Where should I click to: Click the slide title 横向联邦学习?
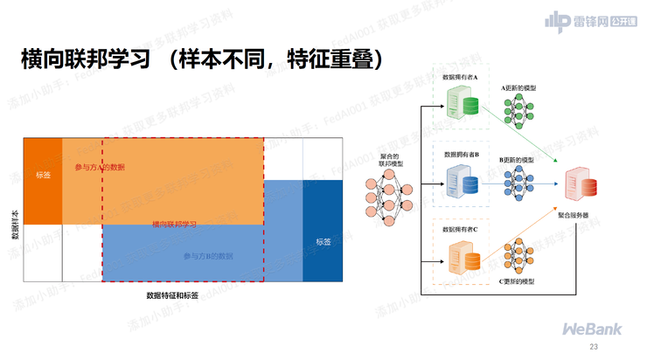click(x=92, y=61)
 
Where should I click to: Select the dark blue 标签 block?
click(x=322, y=241)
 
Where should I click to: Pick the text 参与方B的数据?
click(x=207, y=256)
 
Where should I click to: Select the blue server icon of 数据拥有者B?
click(x=463, y=183)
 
